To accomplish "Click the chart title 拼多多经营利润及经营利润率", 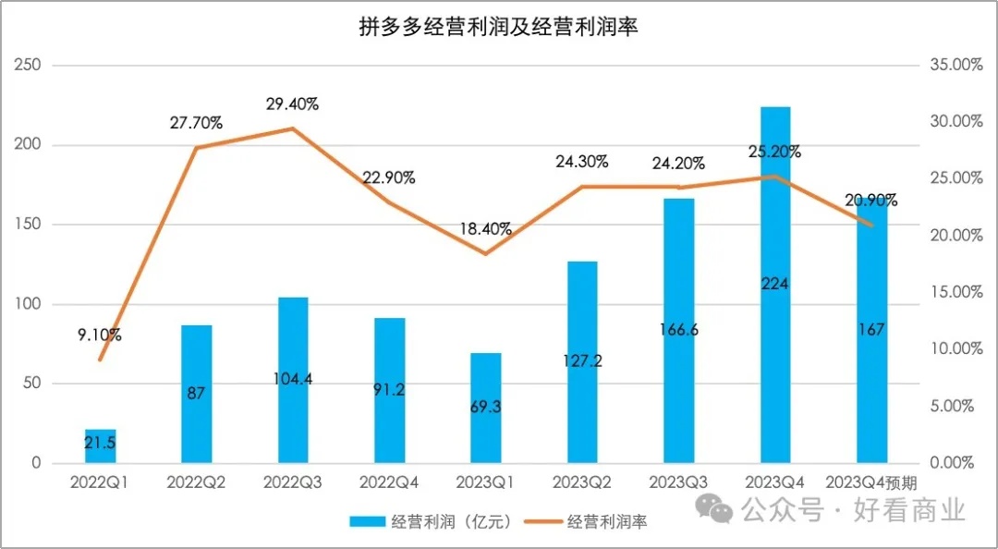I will tap(498, 28).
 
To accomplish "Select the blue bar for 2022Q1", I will tap(100, 446).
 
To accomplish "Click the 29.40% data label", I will tap(292, 104).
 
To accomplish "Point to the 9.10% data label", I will tap(98, 335).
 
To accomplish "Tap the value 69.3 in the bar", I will tap(486, 407).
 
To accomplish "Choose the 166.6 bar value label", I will tap(678, 328).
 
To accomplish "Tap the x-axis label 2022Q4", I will tap(389, 482).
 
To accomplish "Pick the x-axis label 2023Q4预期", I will tap(871, 482).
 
